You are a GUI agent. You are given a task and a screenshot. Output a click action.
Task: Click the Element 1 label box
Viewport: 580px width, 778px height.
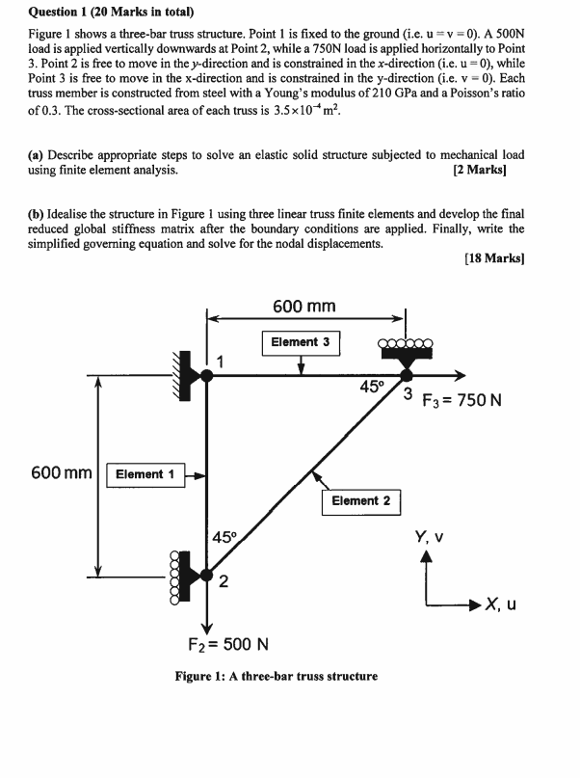145,474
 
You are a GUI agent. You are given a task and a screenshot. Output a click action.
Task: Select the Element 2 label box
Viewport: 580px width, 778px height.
360,500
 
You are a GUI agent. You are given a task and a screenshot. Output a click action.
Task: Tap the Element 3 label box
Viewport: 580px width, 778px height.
301,342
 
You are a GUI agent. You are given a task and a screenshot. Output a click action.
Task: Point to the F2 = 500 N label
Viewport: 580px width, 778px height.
227,644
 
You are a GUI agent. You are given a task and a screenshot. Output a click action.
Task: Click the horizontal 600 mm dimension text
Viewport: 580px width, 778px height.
304,307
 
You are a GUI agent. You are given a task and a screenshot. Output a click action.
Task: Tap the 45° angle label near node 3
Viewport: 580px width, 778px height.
371,388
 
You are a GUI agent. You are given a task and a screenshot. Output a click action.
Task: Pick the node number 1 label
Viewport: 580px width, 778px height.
221,362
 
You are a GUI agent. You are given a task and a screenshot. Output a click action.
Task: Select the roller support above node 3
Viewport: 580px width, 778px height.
407,349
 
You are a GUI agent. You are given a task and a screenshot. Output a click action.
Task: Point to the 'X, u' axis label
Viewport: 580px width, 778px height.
501,604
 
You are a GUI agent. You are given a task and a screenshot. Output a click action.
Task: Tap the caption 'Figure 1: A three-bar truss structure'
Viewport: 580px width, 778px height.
277,676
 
